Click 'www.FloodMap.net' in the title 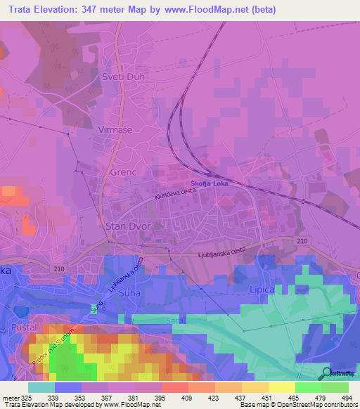pyautogui.click(x=212, y=10)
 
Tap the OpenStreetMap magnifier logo pyautogui.click(x=326, y=373)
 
